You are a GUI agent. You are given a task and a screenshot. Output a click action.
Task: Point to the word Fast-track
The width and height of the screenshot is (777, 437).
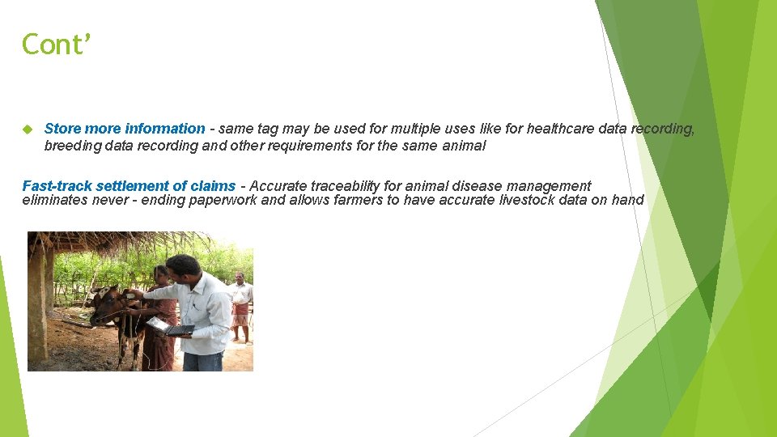tap(53, 186)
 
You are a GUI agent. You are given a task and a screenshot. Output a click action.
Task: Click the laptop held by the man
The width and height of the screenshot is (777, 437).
tap(170, 326)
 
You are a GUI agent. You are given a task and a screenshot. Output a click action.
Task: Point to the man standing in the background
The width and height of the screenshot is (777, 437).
tap(239, 303)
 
